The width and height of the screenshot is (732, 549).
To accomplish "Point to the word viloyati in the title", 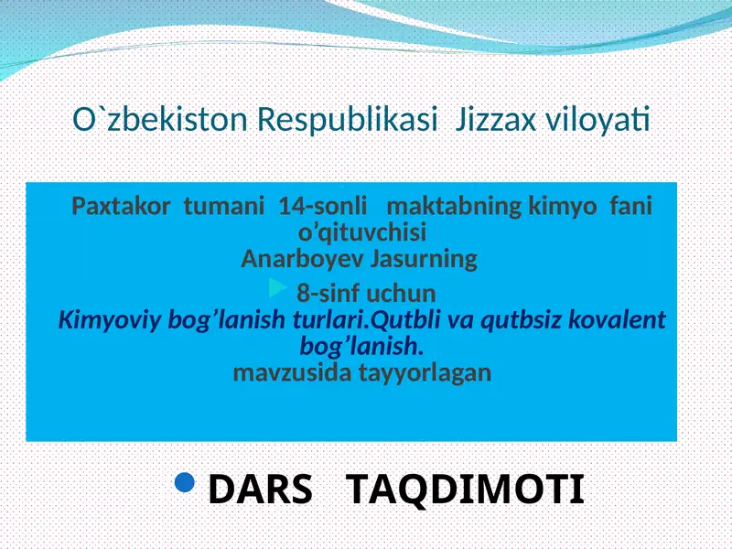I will click(598, 120).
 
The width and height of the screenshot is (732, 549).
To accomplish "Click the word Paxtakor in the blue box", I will click(120, 206).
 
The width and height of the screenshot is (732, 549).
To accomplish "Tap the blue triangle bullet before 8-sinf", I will click(278, 290).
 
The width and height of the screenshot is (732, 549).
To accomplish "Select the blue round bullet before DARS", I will click(184, 482).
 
